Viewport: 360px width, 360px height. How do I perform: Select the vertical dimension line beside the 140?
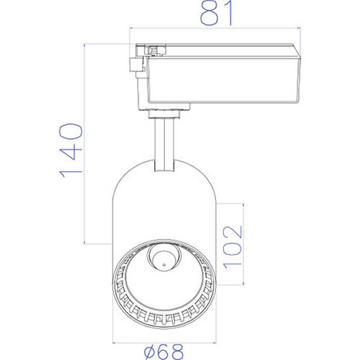point(84,147)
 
